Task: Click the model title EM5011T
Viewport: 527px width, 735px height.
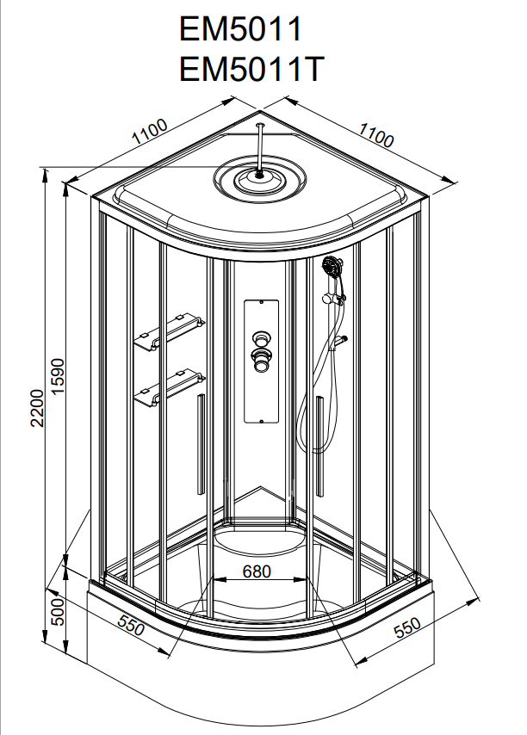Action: click(x=251, y=68)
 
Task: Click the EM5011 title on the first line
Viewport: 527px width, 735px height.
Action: click(x=241, y=30)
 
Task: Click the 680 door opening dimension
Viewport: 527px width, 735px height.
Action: click(x=257, y=571)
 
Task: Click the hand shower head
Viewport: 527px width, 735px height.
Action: click(x=332, y=267)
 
